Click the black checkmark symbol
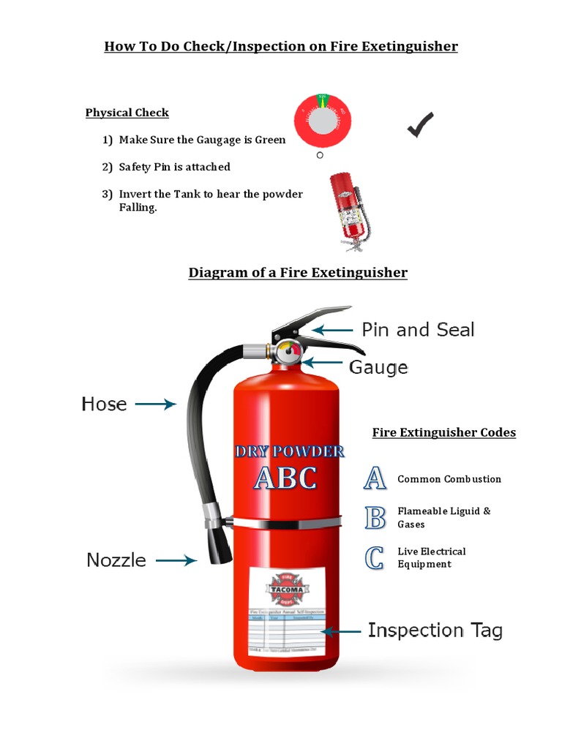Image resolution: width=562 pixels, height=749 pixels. pyautogui.click(x=420, y=125)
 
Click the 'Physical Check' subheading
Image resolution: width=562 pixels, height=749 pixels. pyautogui.click(x=127, y=113)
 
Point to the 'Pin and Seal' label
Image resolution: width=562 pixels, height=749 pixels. pyautogui.click(x=418, y=330)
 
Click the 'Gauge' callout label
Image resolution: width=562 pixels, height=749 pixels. pyautogui.click(x=378, y=366)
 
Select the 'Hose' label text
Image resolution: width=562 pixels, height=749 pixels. pyautogui.click(x=104, y=404)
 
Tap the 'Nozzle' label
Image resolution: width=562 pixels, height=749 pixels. pyautogui.click(x=116, y=560)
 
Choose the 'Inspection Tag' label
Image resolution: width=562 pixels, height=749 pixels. pyautogui.click(x=435, y=631)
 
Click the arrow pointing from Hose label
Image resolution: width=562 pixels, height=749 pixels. pyautogui.click(x=156, y=404)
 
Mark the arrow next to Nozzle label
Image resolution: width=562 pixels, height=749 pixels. pyautogui.click(x=176, y=560)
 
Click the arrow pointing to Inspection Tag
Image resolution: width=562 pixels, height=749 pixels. pyautogui.click(x=342, y=631)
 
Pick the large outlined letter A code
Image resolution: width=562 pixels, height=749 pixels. pyautogui.click(x=375, y=478)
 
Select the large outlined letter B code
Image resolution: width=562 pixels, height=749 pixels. pyautogui.click(x=375, y=517)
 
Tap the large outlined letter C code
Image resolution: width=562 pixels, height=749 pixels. pyautogui.click(x=375, y=557)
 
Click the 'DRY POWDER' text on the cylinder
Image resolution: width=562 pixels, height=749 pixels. pyautogui.click(x=290, y=451)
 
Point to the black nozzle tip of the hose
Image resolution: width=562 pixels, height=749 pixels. pyautogui.click(x=219, y=545)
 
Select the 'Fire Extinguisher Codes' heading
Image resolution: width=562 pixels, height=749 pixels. pyautogui.click(x=443, y=432)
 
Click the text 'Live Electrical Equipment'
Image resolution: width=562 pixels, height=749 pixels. pyautogui.click(x=432, y=557)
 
